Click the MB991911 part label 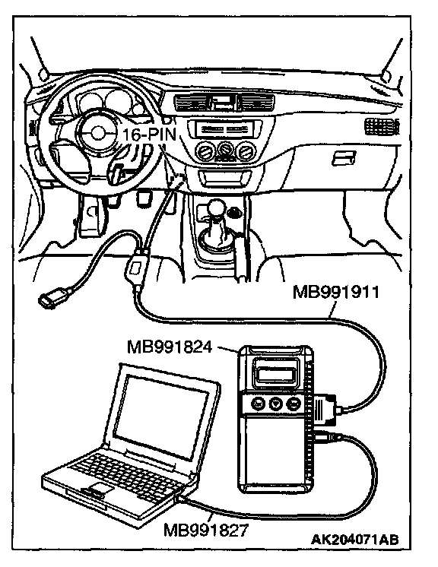click(x=336, y=292)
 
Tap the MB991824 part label click(x=170, y=347)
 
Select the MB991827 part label click(x=206, y=530)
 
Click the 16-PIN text click(x=149, y=135)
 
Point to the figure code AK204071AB click(x=355, y=539)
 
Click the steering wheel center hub click(x=97, y=134)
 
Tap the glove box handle click(x=343, y=158)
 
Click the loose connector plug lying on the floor click(x=52, y=296)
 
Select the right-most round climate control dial click(x=246, y=150)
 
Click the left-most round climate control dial click(x=205, y=150)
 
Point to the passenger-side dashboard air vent click(x=382, y=127)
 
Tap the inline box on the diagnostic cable click(x=136, y=268)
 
